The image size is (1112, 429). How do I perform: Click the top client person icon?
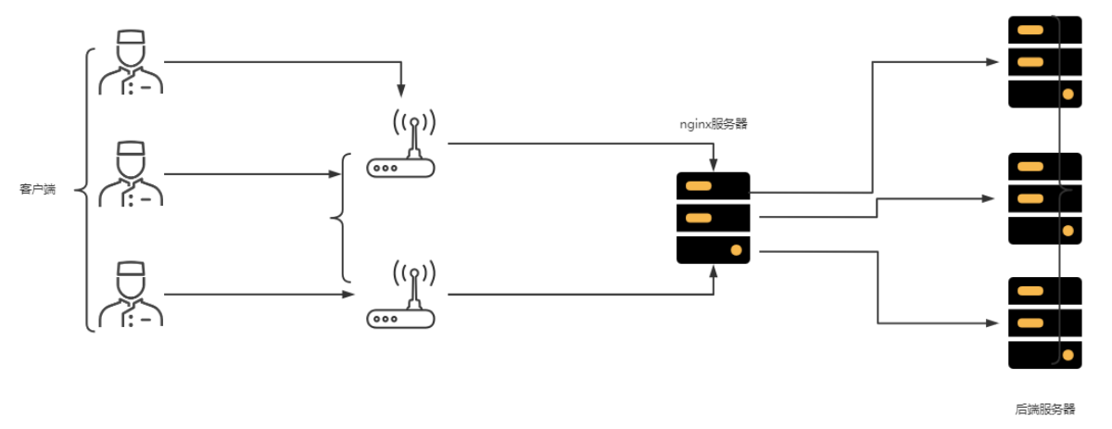pyautogui.click(x=131, y=62)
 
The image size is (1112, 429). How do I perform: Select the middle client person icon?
pyautogui.click(x=131, y=173)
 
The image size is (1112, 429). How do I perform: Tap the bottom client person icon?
pyautogui.click(x=131, y=295)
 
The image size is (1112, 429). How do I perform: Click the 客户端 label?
pyautogui.click(x=38, y=190)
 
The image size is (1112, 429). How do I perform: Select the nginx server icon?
pyautogui.click(x=713, y=218)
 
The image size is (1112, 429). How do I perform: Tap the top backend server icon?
pyautogui.click(x=1044, y=62)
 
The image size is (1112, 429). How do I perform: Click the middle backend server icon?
pyautogui.click(x=1044, y=198)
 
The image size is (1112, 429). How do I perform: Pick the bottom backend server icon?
pyautogui.click(x=1044, y=322)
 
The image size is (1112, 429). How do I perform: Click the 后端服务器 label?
pyautogui.click(x=1044, y=409)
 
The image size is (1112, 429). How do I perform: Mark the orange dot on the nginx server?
pyautogui.click(x=736, y=250)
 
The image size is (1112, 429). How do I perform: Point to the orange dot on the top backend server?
pyautogui.click(x=1068, y=95)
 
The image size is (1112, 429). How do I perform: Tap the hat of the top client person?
pyautogui.click(x=131, y=38)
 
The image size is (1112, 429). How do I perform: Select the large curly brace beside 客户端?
pyautogui.click(x=86, y=190)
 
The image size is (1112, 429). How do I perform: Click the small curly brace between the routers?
pyautogui.click(x=340, y=218)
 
